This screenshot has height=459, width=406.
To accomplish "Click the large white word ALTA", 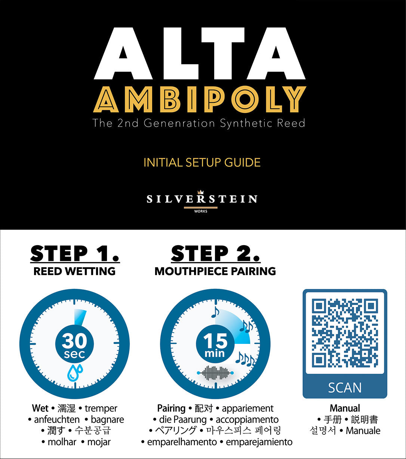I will click(x=200, y=54).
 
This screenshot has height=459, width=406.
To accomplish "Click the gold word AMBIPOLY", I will click(x=200, y=100).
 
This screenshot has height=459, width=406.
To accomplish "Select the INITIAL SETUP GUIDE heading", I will click(x=202, y=163).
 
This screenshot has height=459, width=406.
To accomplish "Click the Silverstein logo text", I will click(x=202, y=199).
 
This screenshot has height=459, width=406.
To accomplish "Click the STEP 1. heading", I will click(x=75, y=254).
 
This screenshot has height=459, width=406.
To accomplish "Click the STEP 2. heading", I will click(x=215, y=254).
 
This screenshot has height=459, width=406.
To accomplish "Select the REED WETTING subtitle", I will click(x=74, y=271).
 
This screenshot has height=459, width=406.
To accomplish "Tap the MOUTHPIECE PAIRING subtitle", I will click(x=215, y=271).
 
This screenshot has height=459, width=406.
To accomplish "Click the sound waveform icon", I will click(x=215, y=373).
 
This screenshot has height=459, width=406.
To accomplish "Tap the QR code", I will click(x=345, y=333).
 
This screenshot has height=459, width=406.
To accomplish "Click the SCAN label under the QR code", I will click(x=345, y=388).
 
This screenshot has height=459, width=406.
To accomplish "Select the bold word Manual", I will click(x=345, y=408).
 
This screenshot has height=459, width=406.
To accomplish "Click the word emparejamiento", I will click(x=259, y=442).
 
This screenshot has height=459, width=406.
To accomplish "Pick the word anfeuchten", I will click(x=57, y=419).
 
